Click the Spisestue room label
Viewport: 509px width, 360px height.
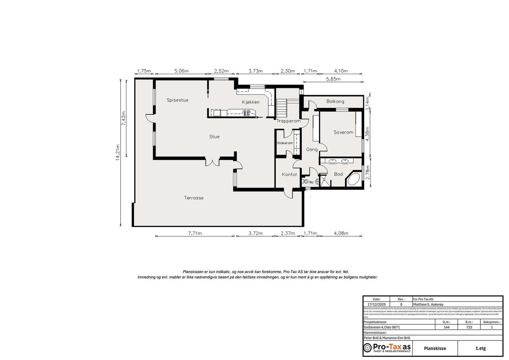[x=178, y=100]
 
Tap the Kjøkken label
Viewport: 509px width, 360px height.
[x=250, y=102]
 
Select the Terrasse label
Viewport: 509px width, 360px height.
[x=194, y=198]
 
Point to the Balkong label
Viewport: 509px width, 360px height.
[x=335, y=101]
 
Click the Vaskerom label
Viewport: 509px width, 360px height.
[x=284, y=143]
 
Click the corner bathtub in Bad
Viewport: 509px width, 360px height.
[x=353, y=179]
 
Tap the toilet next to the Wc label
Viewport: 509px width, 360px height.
[x=306, y=182]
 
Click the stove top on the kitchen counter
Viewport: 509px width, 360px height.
[x=246, y=113]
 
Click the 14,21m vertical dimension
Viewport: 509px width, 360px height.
[x=118, y=153]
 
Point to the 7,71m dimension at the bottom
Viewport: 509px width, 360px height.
[x=195, y=233]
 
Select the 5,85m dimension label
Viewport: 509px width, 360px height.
[x=333, y=79]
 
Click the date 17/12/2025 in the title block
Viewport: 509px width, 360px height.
[x=376, y=304]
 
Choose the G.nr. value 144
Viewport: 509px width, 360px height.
[x=446, y=327]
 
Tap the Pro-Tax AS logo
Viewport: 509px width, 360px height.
[x=387, y=348]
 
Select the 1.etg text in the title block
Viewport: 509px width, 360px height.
[x=480, y=348]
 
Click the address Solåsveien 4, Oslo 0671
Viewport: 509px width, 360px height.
[x=382, y=327]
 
